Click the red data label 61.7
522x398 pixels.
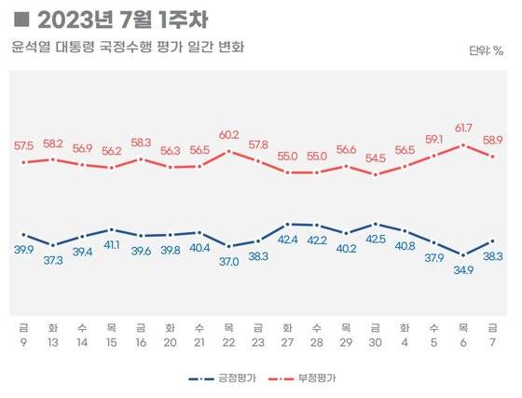tap(463, 127)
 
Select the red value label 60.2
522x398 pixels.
tap(229, 134)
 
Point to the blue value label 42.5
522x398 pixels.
tap(376, 239)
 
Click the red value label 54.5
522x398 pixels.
tap(376, 159)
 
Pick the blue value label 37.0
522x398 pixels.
tap(229, 262)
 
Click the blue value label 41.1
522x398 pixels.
tap(112, 245)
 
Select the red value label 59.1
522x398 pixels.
tap(434, 140)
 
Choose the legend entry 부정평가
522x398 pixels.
tap(313, 379)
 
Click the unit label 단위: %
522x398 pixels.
tap(486, 50)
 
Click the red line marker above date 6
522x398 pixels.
tap(463, 144)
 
